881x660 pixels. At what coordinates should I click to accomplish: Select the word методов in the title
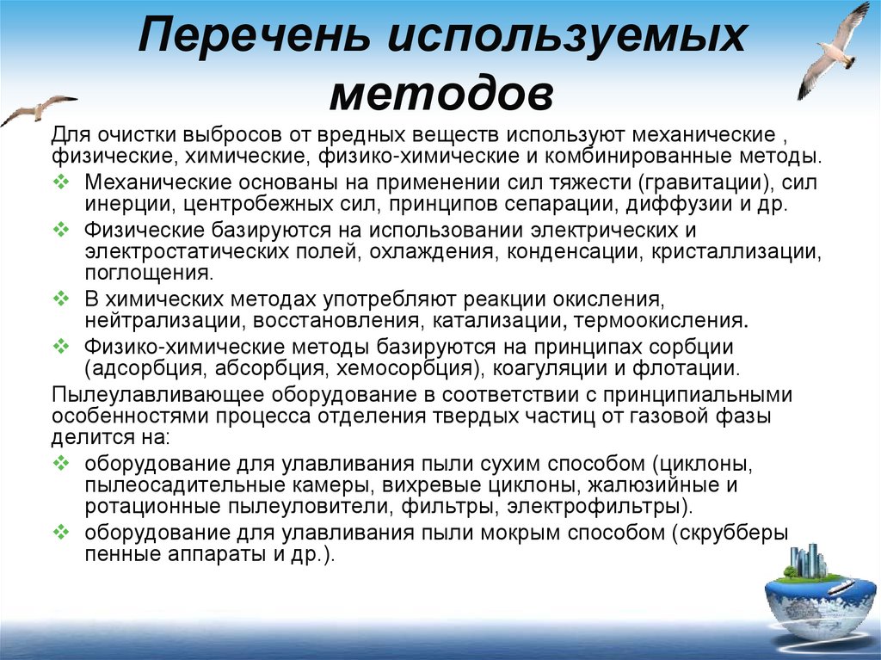(441, 93)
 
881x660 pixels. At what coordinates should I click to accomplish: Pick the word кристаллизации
(737, 252)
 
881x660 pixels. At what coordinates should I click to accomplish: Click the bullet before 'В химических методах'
(61, 299)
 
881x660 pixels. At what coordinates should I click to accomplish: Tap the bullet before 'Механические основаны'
(61, 182)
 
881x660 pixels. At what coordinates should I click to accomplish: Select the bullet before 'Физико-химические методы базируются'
(61, 345)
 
